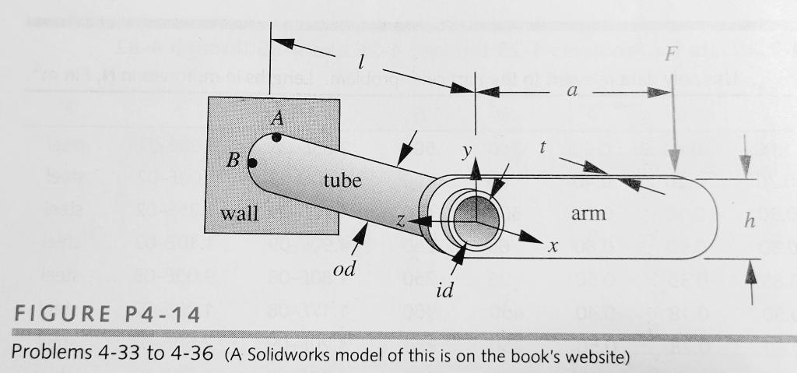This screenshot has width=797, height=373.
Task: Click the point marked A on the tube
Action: pyautogui.click(x=276, y=138)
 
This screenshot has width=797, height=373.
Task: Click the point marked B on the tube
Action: pyautogui.click(x=252, y=164)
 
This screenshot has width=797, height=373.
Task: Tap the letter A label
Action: pyautogui.click(x=277, y=119)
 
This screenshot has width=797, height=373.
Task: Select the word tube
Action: pyautogui.click(x=342, y=181)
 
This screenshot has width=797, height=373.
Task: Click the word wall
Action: pyautogui.click(x=239, y=213)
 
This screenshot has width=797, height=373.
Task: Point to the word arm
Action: pyautogui.click(x=588, y=213)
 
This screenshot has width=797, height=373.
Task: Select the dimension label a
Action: pyautogui.click(x=572, y=91)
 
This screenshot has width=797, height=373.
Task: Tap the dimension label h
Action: pyautogui.click(x=750, y=221)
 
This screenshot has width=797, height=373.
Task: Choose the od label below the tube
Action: pyautogui.click(x=343, y=269)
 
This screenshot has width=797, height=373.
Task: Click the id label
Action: pyautogui.click(x=444, y=290)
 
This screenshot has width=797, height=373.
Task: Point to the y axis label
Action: pyautogui.click(x=465, y=153)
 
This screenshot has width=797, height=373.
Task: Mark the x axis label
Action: pyautogui.click(x=553, y=247)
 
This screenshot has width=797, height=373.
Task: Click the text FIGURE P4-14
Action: pyautogui.click(x=106, y=316)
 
